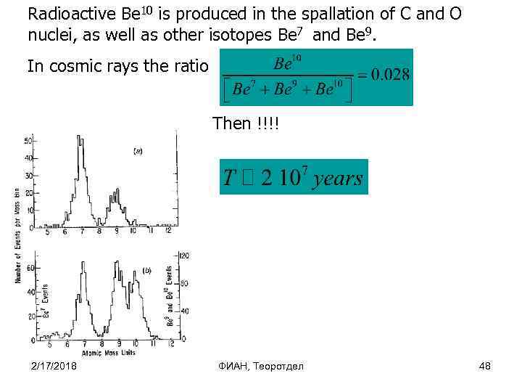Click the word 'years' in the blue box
click(x=339, y=178)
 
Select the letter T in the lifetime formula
click(x=231, y=178)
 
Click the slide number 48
click(x=485, y=365)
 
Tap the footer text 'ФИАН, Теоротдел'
click(x=261, y=365)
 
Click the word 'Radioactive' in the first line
click(x=65, y=14)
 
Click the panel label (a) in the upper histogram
click(x=137, y=151)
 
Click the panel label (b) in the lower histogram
click(x=146, y=270)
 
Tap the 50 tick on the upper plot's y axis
click(x=28, y=140)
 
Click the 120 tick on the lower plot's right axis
click(x=185, y=256)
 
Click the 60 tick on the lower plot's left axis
click(x=30, y=268)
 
